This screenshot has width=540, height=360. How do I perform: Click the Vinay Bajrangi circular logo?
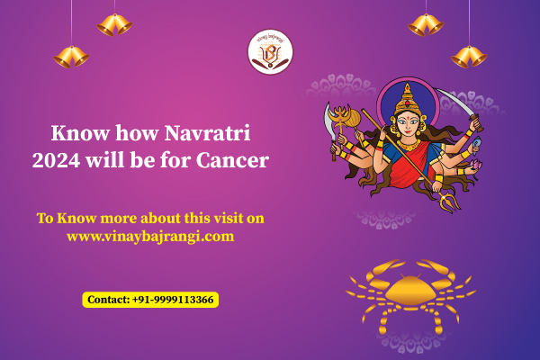coord(270,51)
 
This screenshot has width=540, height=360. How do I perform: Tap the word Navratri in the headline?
coord(207,133)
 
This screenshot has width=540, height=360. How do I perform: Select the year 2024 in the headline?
coord(56,160)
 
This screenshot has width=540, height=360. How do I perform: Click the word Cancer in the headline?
coord(233,160)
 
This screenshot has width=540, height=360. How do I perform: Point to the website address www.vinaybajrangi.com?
coord(150,237)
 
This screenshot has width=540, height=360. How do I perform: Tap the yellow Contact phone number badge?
coord(150,300)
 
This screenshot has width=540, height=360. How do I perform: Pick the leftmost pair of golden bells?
coord(71,57)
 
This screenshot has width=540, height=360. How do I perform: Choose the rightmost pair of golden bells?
coord(469,57)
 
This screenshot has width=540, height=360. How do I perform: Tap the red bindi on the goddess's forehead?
coord(408,117)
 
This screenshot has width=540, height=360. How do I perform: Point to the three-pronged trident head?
coord(449,202)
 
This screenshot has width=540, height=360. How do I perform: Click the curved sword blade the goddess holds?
coord(454,102)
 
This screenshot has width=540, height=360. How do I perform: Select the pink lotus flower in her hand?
coord(476,165)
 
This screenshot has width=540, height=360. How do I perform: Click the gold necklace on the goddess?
coord(409,145)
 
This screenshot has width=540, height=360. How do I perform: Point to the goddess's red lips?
coord(408,131)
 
